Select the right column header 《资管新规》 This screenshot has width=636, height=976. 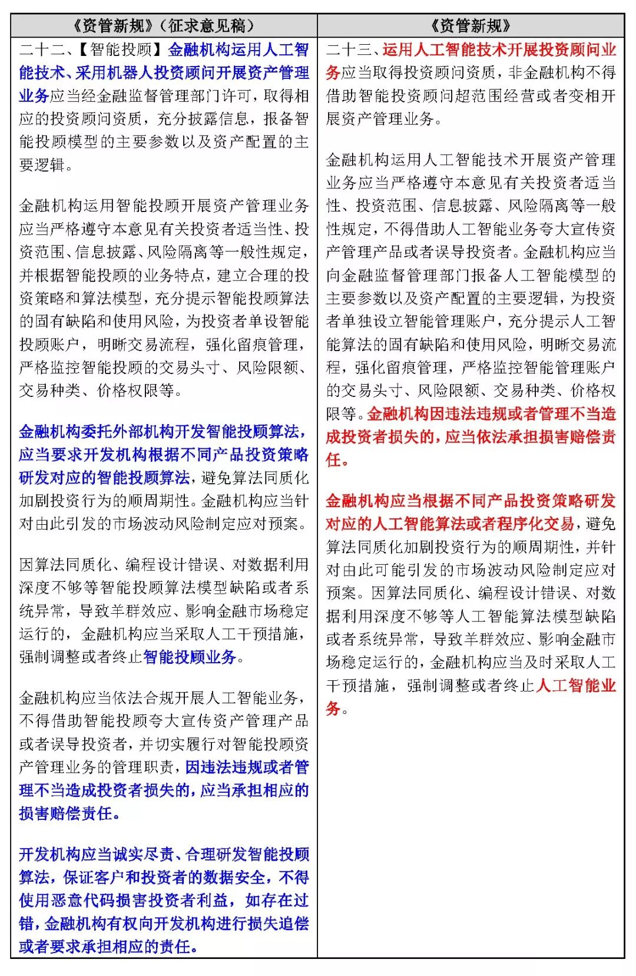coord(471,26)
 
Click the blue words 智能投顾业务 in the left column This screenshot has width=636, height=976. coord(190,657)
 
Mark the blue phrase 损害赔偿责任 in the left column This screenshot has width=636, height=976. coord(65,813)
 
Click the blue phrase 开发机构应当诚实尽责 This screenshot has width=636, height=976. coord(96,855)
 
